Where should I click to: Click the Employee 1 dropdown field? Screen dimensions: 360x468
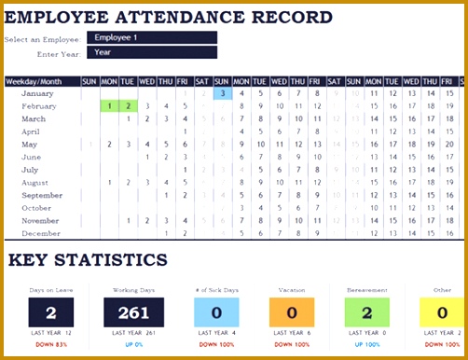click(151, 38)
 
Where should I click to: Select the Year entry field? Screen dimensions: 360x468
click(151, 52)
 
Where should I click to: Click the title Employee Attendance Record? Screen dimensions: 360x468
click(169, 17)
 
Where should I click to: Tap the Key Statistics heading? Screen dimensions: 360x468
click(89, 260)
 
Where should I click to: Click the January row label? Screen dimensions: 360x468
click(37, 93)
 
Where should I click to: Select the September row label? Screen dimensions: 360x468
click(42, 195)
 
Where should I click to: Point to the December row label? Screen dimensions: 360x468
click(40, 233)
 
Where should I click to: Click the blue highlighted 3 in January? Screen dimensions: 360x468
click(223, 93)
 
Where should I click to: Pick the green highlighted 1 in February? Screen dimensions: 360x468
click(109, 106)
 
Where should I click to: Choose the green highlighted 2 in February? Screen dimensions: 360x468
click(128, 106)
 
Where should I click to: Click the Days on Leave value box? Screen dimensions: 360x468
click(51, 313)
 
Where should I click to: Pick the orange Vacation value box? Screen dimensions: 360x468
click(292, 313)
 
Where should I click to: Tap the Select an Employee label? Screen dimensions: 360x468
click(42, 39)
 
